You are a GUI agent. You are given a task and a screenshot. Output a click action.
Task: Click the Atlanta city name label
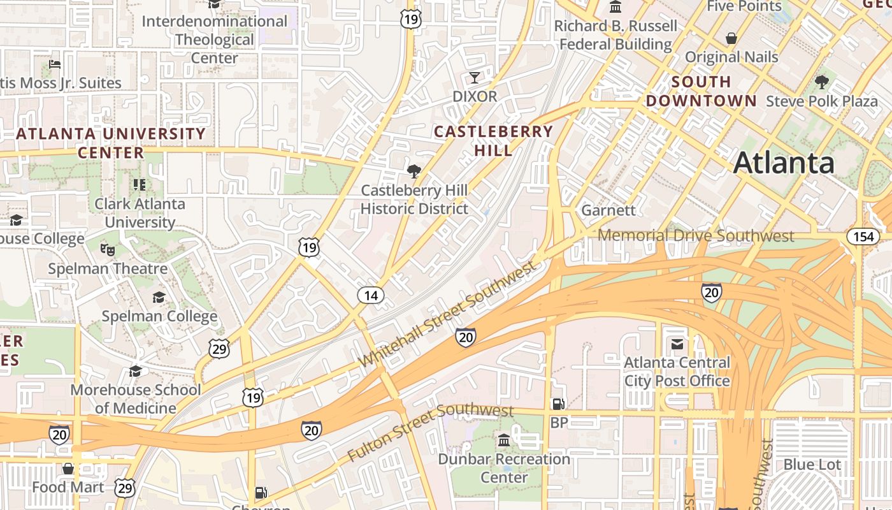coord(783,163)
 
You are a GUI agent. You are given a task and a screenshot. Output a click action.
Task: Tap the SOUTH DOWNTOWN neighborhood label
coord(701,91)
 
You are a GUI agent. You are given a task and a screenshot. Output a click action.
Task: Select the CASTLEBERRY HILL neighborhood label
coord(493,141)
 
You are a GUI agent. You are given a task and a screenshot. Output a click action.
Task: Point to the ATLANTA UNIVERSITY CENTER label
coord(111,143)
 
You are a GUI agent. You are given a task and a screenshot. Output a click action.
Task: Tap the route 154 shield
coord(863,237)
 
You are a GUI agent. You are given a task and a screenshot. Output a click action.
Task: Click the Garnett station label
coord(608,210)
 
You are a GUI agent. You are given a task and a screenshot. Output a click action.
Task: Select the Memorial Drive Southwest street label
coord(696,236)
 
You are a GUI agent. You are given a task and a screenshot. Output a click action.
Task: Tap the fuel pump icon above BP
coord(558,404)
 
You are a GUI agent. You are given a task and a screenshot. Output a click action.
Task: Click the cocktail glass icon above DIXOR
coord(474,78)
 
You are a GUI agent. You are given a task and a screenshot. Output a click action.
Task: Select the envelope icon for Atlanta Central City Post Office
coord(677,344)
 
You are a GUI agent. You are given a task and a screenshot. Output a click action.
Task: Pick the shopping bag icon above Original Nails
coord(731,38)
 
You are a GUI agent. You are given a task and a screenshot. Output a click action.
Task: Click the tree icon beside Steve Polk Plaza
coord(822,82)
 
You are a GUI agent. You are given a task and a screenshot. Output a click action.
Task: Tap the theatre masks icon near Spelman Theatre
coord(107,249)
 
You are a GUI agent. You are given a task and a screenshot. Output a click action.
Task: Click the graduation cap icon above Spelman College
coord(159,297)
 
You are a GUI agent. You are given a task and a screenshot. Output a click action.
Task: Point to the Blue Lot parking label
coord(812,465)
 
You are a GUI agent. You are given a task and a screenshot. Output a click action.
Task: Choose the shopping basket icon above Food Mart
coord(68,469)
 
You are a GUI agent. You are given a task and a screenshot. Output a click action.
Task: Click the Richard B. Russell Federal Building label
coord(615,35)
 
